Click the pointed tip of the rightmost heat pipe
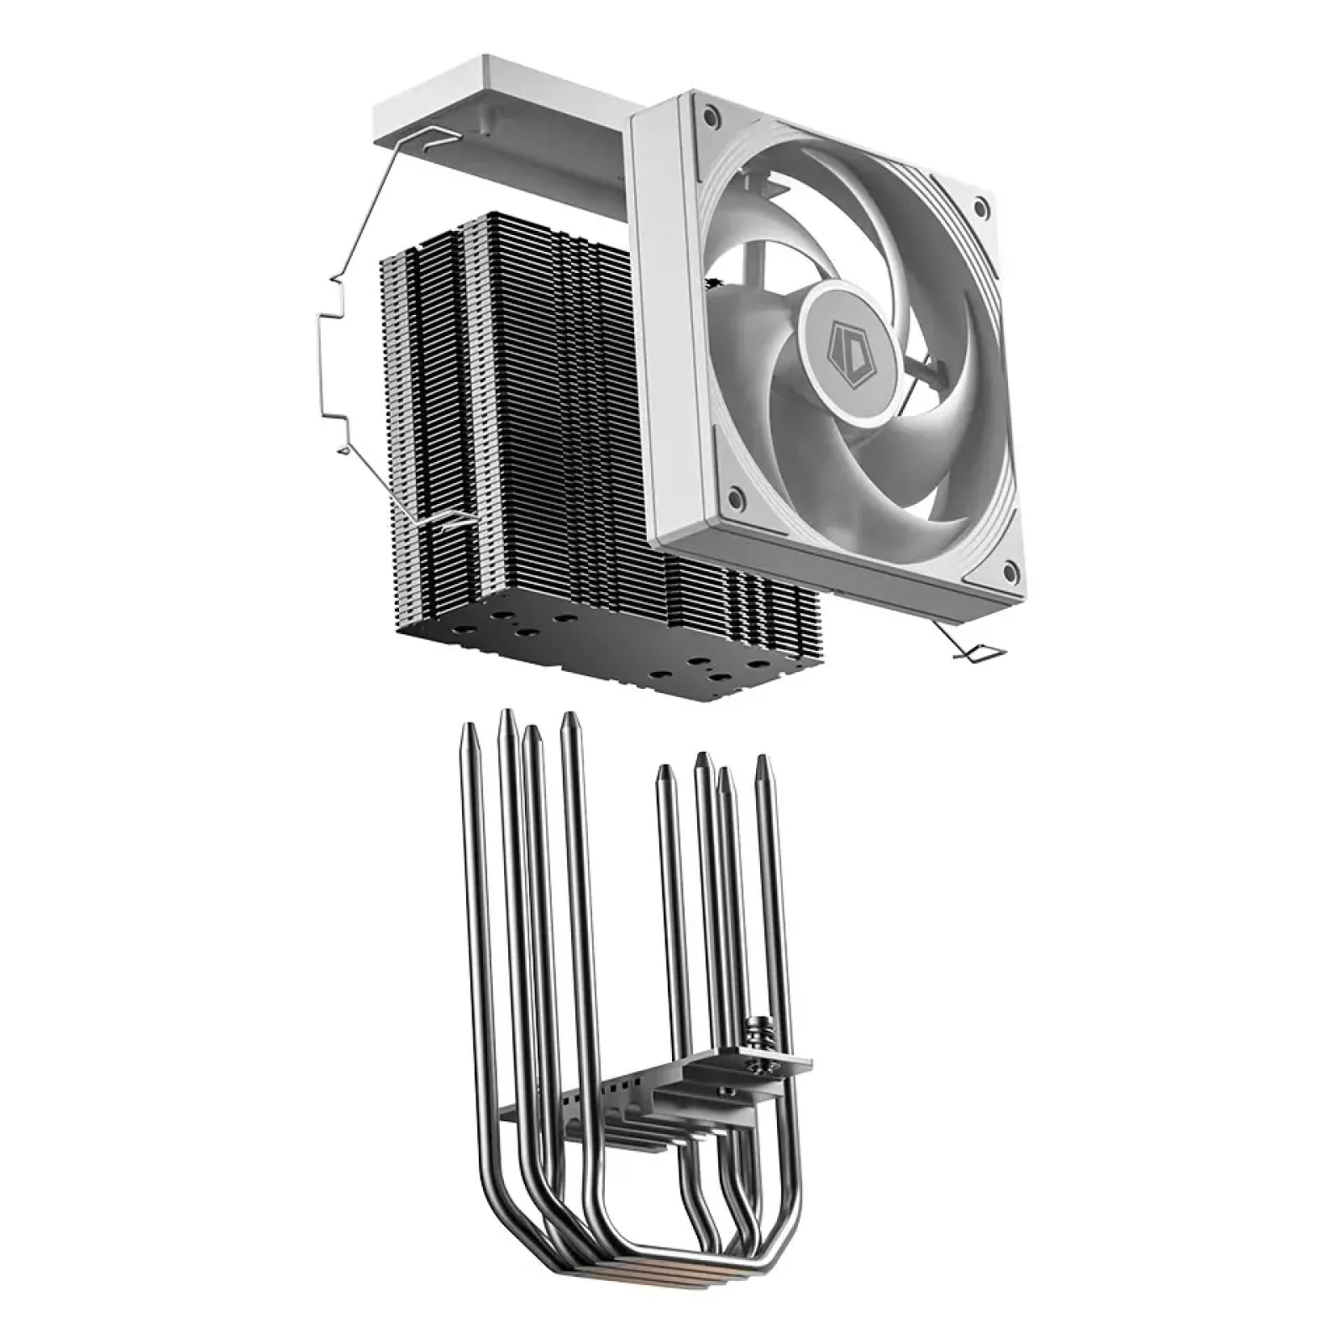762,764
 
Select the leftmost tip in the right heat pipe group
664,773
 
